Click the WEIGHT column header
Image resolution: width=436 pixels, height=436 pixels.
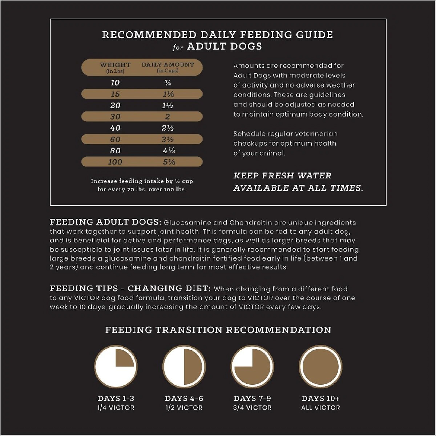pos(115,68)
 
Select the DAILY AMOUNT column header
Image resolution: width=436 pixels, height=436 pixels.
pos(167,67)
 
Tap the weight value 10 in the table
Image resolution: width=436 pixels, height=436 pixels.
pos(115,83)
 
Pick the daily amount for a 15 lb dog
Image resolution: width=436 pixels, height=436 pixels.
pos(168,94)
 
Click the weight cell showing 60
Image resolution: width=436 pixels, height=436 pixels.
pos(115,140)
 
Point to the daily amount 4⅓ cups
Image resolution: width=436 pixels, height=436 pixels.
pos(169,151)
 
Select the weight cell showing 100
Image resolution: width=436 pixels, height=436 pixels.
pos(115,162)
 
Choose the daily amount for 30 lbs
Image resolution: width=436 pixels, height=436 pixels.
pos(167,117)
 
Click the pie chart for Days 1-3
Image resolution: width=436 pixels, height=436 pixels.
pos(116,366)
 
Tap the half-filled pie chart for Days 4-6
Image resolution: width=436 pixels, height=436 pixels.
pos(184,366)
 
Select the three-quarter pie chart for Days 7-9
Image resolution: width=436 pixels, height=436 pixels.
pos(252,366)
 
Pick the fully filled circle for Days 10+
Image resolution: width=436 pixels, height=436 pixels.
pos(320,366)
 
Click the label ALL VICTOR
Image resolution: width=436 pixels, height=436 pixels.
pos(320,408)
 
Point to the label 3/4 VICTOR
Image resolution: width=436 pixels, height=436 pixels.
pos(252,408)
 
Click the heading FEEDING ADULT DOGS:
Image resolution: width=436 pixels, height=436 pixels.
pos(105,222)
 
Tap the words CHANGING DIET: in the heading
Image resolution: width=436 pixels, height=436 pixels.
pos(169,288)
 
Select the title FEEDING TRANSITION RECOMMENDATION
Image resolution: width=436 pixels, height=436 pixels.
pos(218,330)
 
